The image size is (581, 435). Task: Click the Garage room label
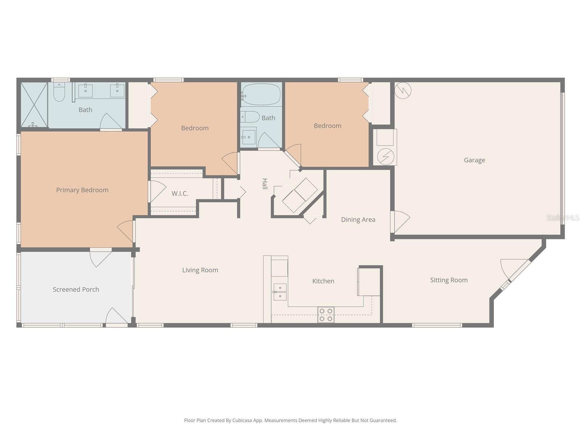click(x=474, y=160)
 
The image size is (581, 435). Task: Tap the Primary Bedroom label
click(x=82, y=190)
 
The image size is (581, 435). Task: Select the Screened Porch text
click(x=76, y=289)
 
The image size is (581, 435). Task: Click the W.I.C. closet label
click(x=180, y=194)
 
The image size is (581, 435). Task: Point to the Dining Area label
click(x=358, y=219)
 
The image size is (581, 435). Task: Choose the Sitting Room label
click(x=449, y=280)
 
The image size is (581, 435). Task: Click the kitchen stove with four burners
click(x=326, y=315)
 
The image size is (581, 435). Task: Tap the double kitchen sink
click(x=280, y=292)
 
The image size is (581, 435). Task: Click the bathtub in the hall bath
click(x=261, y=95)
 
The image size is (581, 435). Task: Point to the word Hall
click(x=265, y=184)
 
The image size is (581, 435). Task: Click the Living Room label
click(x=200, y=270)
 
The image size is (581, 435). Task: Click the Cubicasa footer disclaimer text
click(x=290, y=420)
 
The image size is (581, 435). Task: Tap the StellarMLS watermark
click(x=563, y=217)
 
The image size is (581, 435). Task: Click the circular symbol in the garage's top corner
click(x=403, y=90)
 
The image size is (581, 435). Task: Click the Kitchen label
click(x=323, y=281)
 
